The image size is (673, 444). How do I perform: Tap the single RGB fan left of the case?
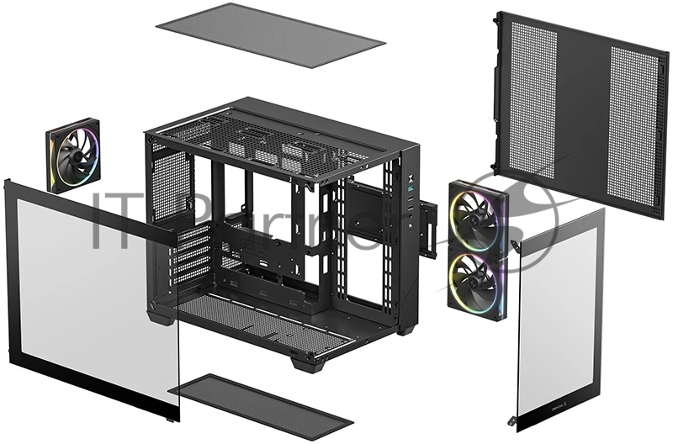click(72, 156)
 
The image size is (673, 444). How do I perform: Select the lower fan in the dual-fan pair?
click(476, 278)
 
